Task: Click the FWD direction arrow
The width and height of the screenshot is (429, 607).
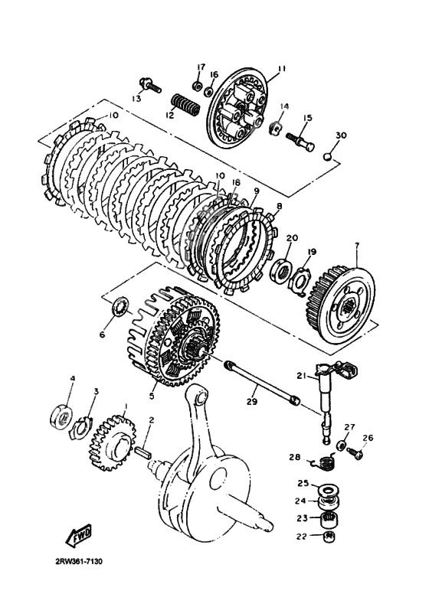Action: click(x=79, y=535)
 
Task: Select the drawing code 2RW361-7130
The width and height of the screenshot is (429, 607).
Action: click(x=79, y=561)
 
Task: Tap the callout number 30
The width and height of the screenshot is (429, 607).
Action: click(x=341, y=135)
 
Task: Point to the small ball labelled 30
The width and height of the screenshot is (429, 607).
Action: click(x=328, y=156)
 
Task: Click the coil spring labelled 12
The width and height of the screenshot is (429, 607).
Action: click(x=185, y=104)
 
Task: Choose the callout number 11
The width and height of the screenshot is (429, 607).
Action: click(x=281, y=70)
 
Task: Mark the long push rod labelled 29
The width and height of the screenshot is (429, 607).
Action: click(x=262, y=382)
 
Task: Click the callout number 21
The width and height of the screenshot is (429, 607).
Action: click(x=302, y=376)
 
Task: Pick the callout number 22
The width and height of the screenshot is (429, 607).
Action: click(x=302, y=536)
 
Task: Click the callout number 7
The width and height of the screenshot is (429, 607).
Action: click(x=357, y=246)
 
